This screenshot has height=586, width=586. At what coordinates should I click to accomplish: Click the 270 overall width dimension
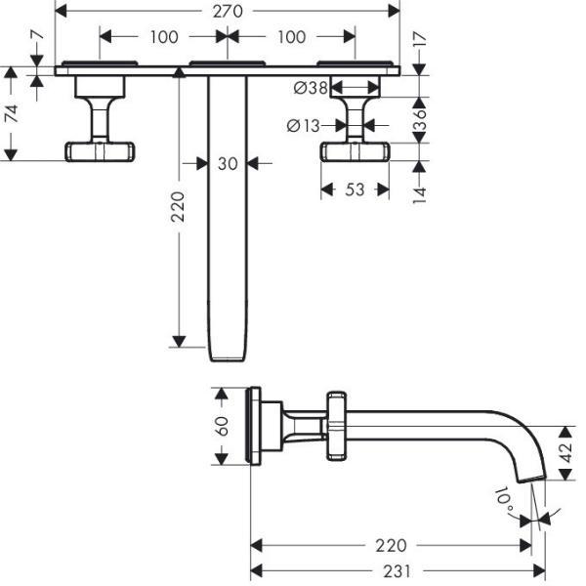pyautogui.click(x=228, y=11)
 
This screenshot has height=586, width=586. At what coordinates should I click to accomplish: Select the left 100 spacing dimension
pyautogui.click(x=164, y=37)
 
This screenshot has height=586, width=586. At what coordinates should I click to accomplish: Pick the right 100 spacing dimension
pyautogui.click(x=291, y=37)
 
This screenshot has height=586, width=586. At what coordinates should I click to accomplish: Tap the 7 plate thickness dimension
pyautogui.click(x=37, y=35)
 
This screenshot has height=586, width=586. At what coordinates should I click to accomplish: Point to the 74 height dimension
pyautogui.click(x=11, y=113)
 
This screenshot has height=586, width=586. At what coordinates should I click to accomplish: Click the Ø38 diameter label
pyautogui.click(x=311, y=88)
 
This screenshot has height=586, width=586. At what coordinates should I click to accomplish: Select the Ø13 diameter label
pyautogui.click(x=304, y=126)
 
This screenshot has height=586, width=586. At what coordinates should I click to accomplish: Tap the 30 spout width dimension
pyautogui.click(x=228, y=164)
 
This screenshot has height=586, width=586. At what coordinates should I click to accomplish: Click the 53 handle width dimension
pyautogui.click(x=355, y=189)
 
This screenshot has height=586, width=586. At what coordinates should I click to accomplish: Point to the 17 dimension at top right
pyautogui.click(x=420, y=39)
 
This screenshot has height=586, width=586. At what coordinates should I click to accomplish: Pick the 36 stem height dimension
pyautogui.click(x=420, y=119)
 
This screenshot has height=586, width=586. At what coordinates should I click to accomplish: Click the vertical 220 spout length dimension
pyautogui.click(x=178, y=207)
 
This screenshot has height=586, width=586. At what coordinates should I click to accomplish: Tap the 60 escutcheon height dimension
pyautogui.click(x=222, y=426)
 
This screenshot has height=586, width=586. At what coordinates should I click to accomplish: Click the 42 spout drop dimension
pyautogui.click(x=566, y=452)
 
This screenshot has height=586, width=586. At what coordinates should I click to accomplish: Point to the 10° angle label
pyautogui.click(x=506, y=499)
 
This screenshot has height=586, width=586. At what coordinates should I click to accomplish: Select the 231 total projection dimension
pyautogui.click(x=397, y=571)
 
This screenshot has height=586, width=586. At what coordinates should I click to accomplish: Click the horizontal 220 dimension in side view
pyautogui.click(x=391, y=546)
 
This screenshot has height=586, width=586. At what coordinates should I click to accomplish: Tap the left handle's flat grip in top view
pyautogui.click(x=100, y=151)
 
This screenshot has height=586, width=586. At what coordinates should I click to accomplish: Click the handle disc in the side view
pyautogui.click(x=336, y=426)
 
